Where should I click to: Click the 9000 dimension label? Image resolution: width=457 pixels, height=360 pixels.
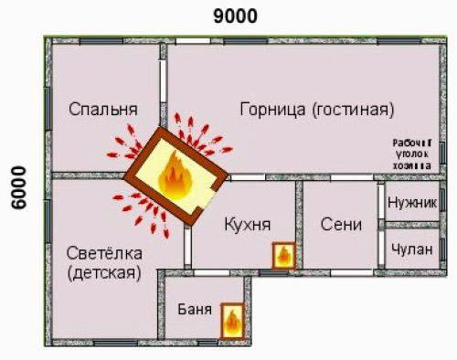click(x=235, y=16)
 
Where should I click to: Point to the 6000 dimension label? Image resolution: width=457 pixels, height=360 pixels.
click(x=16, y=188)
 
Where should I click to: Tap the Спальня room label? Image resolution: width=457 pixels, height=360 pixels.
click(x=102, y=110)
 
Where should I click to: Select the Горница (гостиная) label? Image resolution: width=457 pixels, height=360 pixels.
click(x=316, y=110)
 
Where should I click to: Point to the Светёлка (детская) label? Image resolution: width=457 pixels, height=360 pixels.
click(x=103, y=261)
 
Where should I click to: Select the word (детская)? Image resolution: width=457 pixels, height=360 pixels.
click(x=103, y=272)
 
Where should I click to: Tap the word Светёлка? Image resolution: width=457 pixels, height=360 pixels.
click(x=103, y=251)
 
